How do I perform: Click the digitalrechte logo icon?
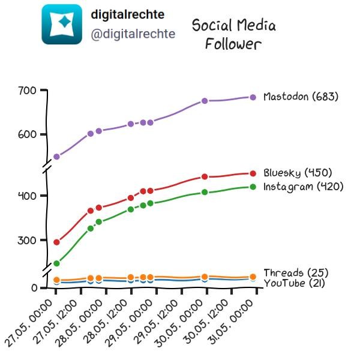[62, 24]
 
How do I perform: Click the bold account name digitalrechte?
[128, 14]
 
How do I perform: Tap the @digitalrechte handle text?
[133, 34]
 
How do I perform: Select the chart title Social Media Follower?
[234, 34]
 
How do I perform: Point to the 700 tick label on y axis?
[27, 91]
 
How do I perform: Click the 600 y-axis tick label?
[27, 134]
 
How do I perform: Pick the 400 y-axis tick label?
[27, 196]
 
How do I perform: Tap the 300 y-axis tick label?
[27, 241]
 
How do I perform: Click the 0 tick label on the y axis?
[34, 288]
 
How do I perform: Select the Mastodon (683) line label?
[301, 97]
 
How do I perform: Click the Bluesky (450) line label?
[298, 173]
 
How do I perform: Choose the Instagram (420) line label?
[303, 187]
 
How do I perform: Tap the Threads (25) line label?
[296, 273]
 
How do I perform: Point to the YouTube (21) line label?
[295, 283]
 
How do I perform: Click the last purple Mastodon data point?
[253, 97]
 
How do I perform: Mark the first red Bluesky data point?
[56, 242]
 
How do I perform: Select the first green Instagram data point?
[56, 263]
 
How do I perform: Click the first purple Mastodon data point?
[56, 157]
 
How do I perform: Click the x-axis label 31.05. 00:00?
[231, 322]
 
